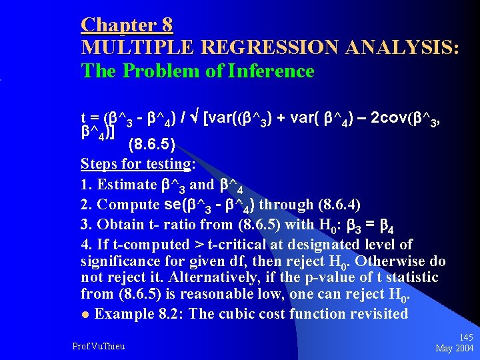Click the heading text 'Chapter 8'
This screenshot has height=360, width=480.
point(127,25)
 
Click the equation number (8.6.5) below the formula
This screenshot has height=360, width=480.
point(154,143)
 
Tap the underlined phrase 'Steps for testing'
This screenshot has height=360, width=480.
point(136,164)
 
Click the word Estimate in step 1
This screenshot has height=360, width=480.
point(125,185)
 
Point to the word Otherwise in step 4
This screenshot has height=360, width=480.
point(387,261)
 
